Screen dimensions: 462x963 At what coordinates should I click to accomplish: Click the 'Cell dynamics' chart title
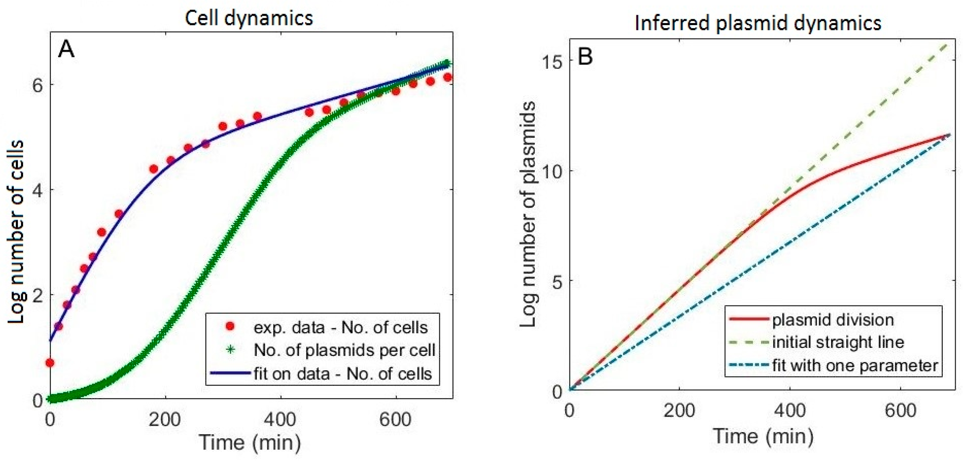249,18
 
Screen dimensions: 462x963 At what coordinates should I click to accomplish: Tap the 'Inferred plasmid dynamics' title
758,23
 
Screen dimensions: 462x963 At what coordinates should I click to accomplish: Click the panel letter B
585,57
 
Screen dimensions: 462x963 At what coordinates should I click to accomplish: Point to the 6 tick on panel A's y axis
37,85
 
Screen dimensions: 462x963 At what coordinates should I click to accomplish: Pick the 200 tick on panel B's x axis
679,411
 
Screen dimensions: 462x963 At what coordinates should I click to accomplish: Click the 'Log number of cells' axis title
16,232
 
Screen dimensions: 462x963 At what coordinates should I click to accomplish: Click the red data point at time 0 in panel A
50,363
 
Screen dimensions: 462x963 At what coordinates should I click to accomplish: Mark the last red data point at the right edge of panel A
447,77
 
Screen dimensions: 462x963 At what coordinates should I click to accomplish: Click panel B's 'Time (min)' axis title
763,436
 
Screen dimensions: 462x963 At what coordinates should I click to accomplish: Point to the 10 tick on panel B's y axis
551,171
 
